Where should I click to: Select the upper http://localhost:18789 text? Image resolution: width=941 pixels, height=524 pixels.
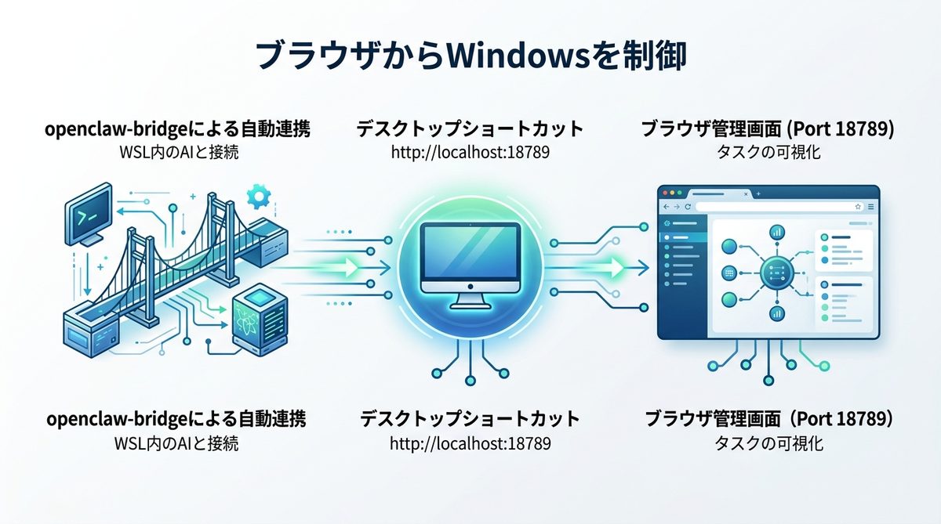pyautogui.click(x=470, y=152)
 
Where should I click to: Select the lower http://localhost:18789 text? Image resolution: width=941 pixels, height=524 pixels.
pyautogui.click(x=470, y=443)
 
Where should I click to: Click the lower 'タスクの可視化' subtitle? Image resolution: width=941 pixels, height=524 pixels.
pyautogui.click(x=768, y=443)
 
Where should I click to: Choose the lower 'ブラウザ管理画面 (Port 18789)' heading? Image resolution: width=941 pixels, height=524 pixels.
pyautogui.click(x=768, y=419)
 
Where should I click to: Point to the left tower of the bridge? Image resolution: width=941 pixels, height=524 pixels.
pyautogui.click(x=140, y=258)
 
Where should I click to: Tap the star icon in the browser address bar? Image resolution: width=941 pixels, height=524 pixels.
pyautogui.click(x=858, y=206)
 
